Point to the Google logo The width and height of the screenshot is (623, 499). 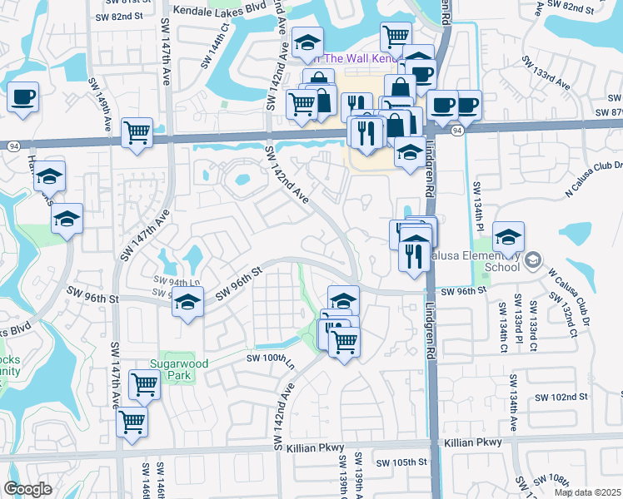coord(27,489)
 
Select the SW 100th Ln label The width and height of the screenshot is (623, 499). coord(271,358)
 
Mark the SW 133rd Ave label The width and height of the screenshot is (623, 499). coord(546,74)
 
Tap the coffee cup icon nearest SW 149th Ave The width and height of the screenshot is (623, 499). coord(22,96)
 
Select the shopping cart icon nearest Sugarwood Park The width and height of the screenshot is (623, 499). coord(145,385)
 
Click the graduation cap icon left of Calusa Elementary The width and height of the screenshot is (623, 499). coord(508,237)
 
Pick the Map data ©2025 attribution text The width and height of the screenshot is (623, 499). coord(588,492)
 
